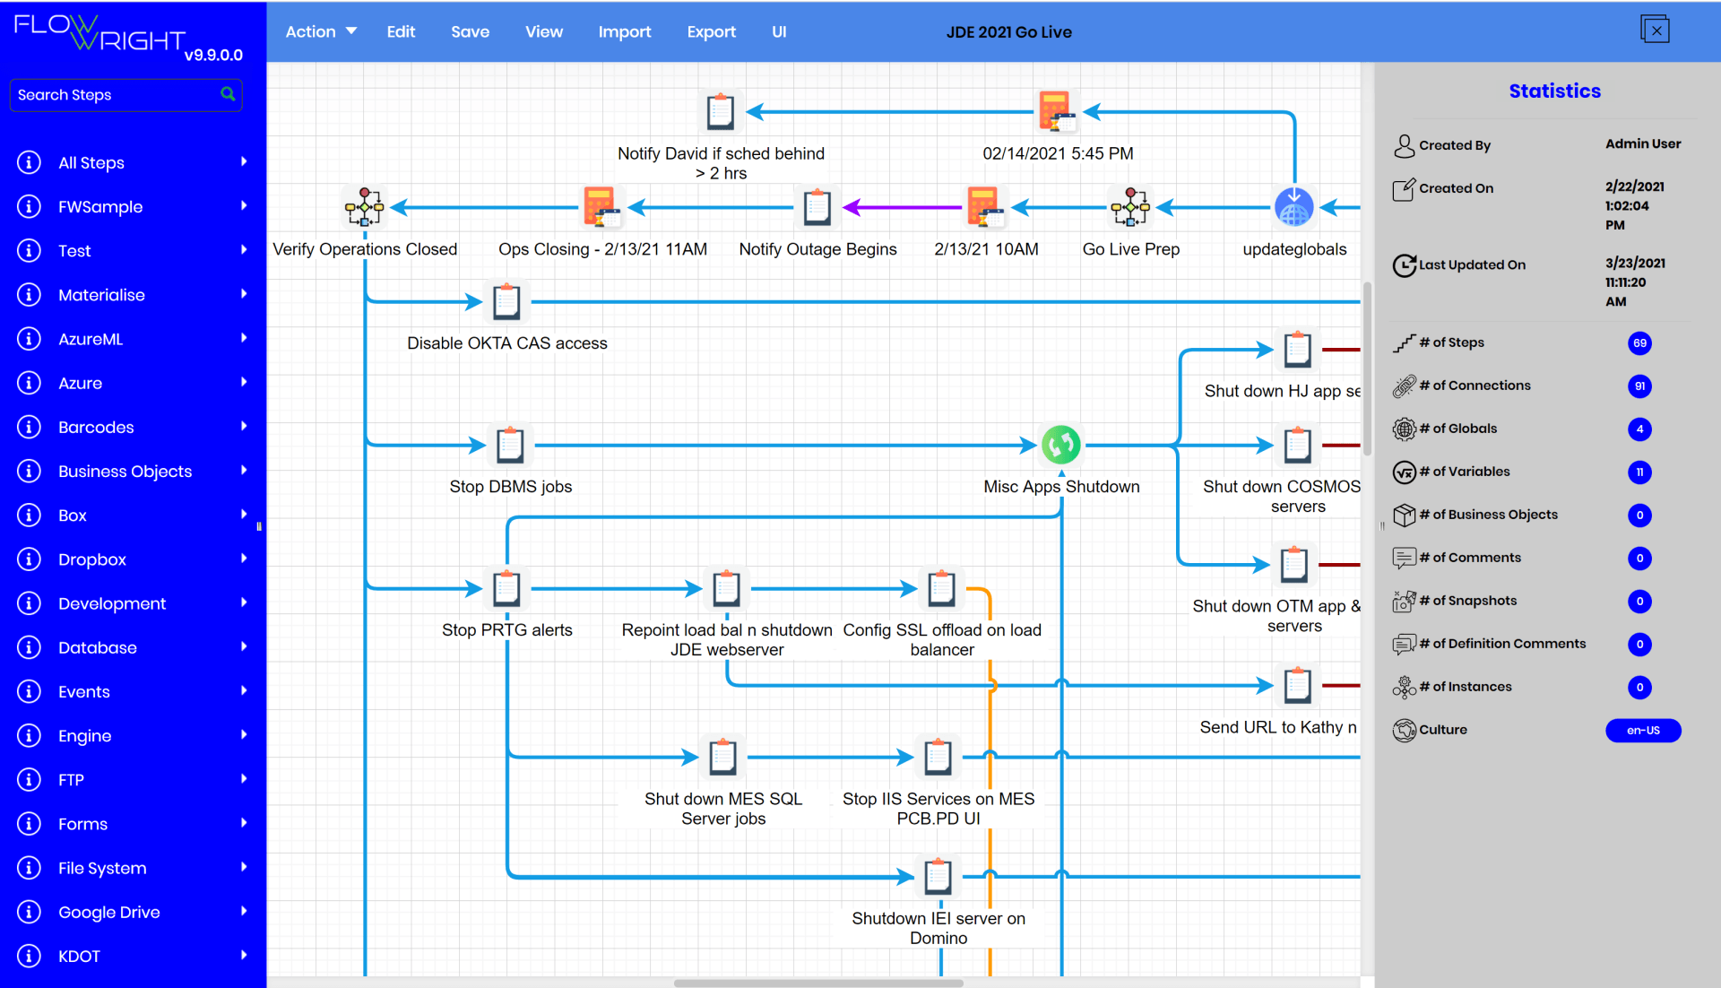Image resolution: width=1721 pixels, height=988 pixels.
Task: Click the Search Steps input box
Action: coord(117,95)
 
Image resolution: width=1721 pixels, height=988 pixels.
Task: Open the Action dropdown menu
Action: coord(320,32)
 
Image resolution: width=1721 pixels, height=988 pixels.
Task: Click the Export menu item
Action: coord(711,32)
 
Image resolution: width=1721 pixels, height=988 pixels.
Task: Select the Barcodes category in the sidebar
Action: coord(96,428)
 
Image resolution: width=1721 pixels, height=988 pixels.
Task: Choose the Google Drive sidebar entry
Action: coord(108,913)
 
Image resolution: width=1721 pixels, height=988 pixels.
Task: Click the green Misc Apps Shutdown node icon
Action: coord(1060,445)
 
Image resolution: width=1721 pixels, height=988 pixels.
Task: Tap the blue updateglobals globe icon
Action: coord(1293,208)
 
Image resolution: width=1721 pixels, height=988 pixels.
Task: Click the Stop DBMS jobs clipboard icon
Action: coord(510,445)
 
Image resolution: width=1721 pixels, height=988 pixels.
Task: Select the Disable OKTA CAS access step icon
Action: coord(506,302)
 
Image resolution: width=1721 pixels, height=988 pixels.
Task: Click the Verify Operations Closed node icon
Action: coord(364,208)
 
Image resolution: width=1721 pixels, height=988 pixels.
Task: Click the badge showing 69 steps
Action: coord(1639,343)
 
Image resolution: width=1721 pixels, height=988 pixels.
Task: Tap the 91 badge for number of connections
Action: coord(1639,386)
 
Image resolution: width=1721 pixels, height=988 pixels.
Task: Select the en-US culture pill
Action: coord(1642,731)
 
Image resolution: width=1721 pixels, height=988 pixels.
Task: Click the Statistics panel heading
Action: coord(1554,91)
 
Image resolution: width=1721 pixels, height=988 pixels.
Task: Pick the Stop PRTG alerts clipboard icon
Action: coord(506,589)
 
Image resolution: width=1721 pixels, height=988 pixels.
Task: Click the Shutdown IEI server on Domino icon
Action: coord(938,877)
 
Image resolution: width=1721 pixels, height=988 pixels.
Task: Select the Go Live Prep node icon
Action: coord(1129,208)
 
